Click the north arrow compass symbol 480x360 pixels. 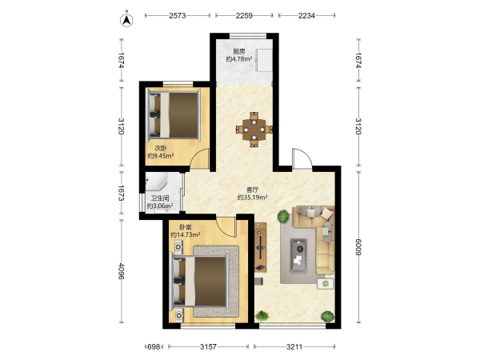[126, 20]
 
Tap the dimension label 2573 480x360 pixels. [178, 16]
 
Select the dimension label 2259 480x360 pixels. [244, 16]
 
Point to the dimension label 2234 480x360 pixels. [306, 16]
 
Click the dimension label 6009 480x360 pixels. [358, 246]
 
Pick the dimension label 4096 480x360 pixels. [121, 271]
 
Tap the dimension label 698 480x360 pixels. [154, 347]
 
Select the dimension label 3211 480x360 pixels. [294, 347]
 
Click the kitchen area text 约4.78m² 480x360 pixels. [239, 59]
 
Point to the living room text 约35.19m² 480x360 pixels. [253, 198]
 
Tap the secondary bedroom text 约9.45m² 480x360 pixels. [161, 156]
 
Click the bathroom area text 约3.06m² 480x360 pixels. [160, 206]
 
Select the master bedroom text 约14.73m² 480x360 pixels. [186, 234]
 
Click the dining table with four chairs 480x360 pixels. [254, 130]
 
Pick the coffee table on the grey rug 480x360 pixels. [298, 256]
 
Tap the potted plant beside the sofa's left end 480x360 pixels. [283, 217]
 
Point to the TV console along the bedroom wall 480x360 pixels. [261, 247]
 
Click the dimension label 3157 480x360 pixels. [208, 347]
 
